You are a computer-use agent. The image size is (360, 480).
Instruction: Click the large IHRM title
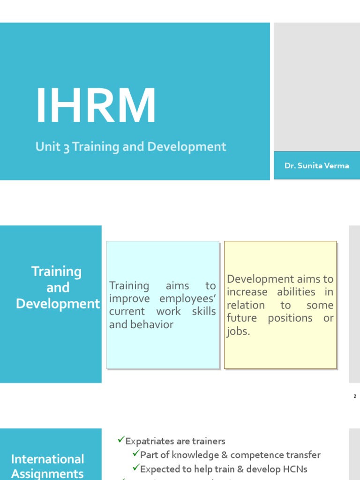click(96, 106)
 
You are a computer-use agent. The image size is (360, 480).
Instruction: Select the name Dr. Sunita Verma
click(316, 165)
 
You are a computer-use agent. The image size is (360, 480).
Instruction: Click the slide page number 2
click(355, 397)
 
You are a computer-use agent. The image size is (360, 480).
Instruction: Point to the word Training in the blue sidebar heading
click(56, 271)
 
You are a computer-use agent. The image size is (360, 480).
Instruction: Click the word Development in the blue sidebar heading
click(58, 304)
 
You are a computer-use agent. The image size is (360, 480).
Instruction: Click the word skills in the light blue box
click(204, 312)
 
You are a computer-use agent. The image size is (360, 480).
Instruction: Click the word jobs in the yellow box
click(237, 331)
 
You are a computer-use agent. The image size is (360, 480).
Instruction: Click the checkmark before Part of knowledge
click(136, 454)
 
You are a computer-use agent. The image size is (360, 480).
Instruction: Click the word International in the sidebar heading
click(48, 459)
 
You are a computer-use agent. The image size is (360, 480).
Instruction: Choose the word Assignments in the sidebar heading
click(48, 473)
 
